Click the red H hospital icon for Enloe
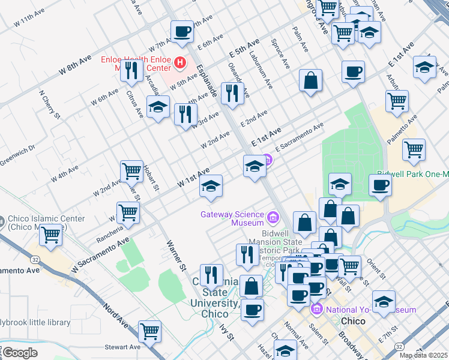(x=179, y=62)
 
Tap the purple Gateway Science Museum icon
(x=273, y=217)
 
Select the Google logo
(x=20, y=353)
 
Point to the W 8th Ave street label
(x=75, y=64)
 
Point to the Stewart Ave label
(x=122, y=347)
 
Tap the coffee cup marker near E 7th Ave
(x=182, y=32)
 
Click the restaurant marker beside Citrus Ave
(x=130, y=71)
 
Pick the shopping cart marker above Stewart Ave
(x=149, y=331)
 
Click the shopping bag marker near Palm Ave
(x=310, y=80)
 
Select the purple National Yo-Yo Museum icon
(x=316, y=310)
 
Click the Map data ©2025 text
(x=423, y=355)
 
